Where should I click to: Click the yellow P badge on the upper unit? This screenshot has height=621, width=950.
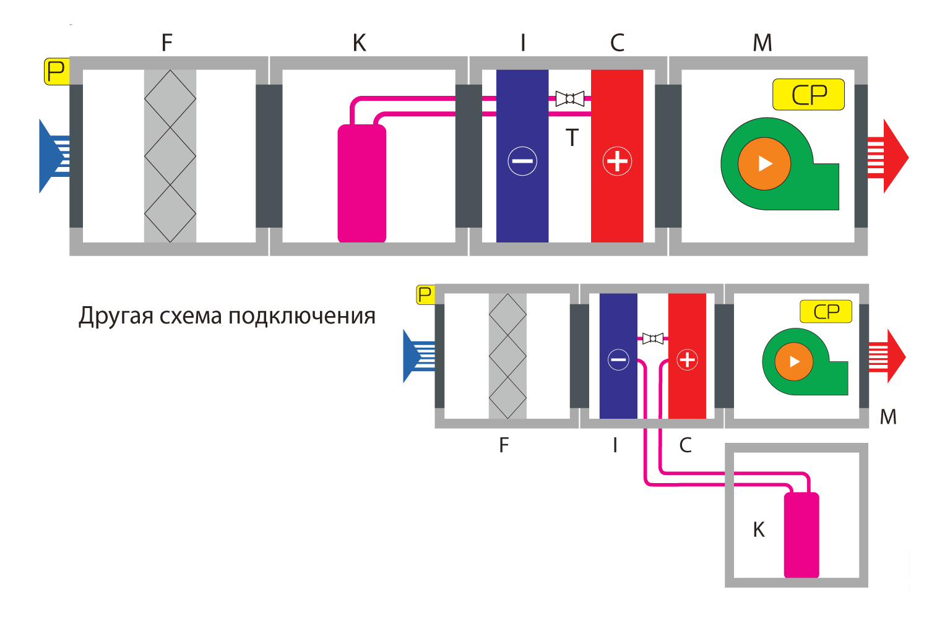pyautogui.click(x=56, y=71)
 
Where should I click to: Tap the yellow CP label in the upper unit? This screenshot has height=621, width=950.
pyautogui.click(x=808, y=95)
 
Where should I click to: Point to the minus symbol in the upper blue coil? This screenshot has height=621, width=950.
pyautogui.click(x=522, y=161)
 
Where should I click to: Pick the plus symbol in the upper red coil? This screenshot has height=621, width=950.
pyautogui.click(x=617, y=161)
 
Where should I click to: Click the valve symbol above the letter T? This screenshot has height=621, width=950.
pyautogui.click(x=570, y=98)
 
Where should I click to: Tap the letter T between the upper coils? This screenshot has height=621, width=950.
pyautogui.click(x=572, y=138)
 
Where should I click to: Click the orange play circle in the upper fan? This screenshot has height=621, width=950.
pyautogui.click(x=764, y=163)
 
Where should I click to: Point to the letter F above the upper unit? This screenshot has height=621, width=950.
pyautogui.click(x=166, y=43)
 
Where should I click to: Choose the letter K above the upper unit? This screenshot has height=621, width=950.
pyautogui.click(x=359, y=43)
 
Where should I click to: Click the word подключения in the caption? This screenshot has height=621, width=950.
pyautogui.click(x=302, y=317)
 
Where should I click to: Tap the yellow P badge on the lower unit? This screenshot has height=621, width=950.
pyautogui.click(x=425, y=294)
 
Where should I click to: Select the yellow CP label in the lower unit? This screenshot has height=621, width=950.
pyautogui.click(x=826, y=312)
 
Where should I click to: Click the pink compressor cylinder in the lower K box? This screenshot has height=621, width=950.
pyautogui.click(x=801, y=535)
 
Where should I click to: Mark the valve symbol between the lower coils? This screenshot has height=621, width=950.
pyautogui.click(x=653, y=338)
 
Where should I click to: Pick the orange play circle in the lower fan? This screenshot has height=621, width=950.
pyautogui.click(x=794, y=362)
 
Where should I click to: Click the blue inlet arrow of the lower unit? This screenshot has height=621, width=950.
pyautogui.click(x=417, y=357)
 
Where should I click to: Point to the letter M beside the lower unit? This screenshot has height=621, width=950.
pyautogui.click(x=888, y=418)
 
